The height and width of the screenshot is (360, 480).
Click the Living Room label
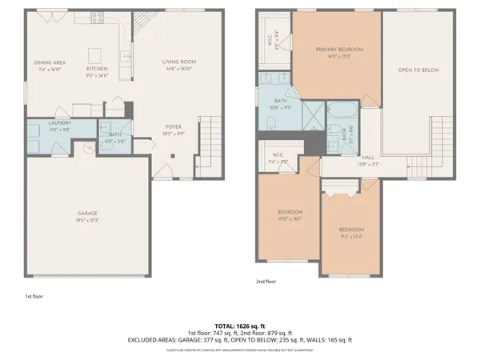179,62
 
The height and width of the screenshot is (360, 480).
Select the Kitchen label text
97,69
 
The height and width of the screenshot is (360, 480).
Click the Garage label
87,214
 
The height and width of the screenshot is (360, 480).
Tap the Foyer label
173,126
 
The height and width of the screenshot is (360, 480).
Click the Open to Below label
418,70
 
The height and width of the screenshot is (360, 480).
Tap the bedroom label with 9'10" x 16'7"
290,212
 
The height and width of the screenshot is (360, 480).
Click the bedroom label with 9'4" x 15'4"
351,230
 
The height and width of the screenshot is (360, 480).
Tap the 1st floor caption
34,296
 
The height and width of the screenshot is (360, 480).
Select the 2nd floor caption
266,282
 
